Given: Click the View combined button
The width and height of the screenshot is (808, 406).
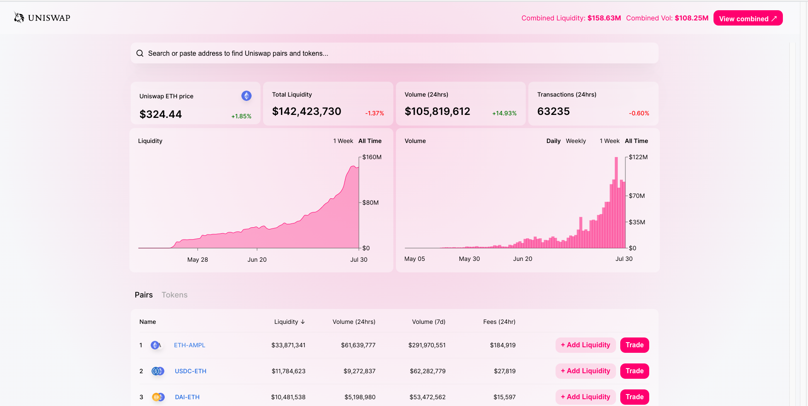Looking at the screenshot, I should (748, 18).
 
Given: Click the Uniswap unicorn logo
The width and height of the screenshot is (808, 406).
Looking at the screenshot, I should (19, 17).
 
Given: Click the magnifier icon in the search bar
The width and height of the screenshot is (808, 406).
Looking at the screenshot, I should (140, 53).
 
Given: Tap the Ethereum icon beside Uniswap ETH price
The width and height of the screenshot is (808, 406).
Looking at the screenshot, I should (246, 96).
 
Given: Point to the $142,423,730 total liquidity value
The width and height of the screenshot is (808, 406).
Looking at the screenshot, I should (307, 112).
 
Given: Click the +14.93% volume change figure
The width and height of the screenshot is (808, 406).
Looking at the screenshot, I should (504, 113).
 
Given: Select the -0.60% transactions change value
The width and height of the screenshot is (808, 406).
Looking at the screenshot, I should (639, 113).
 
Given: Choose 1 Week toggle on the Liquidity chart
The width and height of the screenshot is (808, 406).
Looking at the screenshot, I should (343, 141).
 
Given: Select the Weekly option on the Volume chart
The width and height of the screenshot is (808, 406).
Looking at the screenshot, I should (576, 141).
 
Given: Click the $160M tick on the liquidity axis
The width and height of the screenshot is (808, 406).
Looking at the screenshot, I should (372, 157).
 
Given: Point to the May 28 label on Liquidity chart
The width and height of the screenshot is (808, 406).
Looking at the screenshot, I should (198, 260).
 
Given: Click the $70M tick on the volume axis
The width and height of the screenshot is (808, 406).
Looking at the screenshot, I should (636, 196).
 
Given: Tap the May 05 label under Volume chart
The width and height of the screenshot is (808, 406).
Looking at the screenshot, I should (414, 259).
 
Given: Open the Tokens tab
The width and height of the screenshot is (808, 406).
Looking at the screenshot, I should (174, 295).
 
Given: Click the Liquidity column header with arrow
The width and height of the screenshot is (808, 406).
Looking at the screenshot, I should (289, 322).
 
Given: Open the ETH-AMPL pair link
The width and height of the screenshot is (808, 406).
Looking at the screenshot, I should (189, 345).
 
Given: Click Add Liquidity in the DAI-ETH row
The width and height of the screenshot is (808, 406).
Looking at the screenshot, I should (585, 397).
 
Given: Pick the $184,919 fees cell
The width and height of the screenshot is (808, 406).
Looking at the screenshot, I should (502, 345).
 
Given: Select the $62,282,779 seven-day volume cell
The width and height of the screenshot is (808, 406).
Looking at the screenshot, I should (427, 371).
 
